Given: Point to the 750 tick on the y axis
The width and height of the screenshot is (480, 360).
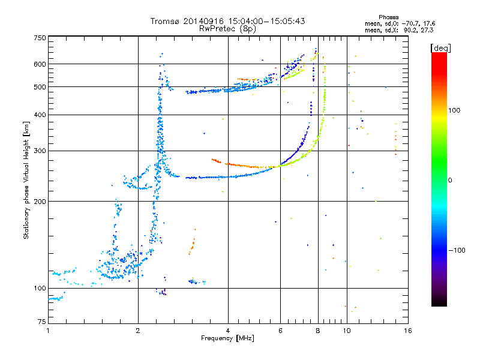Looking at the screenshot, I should [x=40, y=38].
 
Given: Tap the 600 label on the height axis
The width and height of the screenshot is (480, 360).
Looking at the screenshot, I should [x=40, y=64].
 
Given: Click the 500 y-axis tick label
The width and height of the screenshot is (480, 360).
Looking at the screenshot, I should [x=40, y=87].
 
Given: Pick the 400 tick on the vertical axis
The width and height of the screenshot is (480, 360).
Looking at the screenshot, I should [x=40, y=115].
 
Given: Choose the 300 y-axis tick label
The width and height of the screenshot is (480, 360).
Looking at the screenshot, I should [x=40, y=151].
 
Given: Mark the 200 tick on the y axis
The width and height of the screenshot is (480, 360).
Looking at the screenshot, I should [x=40, y=202].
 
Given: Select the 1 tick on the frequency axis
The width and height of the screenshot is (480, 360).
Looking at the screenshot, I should [x=48, y=331].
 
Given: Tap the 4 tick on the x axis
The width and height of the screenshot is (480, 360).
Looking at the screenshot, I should [x=228, y=331].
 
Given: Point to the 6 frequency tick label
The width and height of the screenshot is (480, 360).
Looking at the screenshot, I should [x=280, y=331].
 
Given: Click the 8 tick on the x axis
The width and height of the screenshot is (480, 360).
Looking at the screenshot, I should [x=318, y=331].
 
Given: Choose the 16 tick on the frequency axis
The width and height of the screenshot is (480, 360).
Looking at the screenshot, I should [x=407, y=331].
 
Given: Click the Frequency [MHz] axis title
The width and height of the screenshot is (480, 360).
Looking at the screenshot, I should [x=227, y=338].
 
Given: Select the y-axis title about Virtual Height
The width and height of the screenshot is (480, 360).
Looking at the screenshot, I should [x=26, y=181].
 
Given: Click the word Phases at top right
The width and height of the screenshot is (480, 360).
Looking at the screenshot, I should [x=389, y=17].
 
